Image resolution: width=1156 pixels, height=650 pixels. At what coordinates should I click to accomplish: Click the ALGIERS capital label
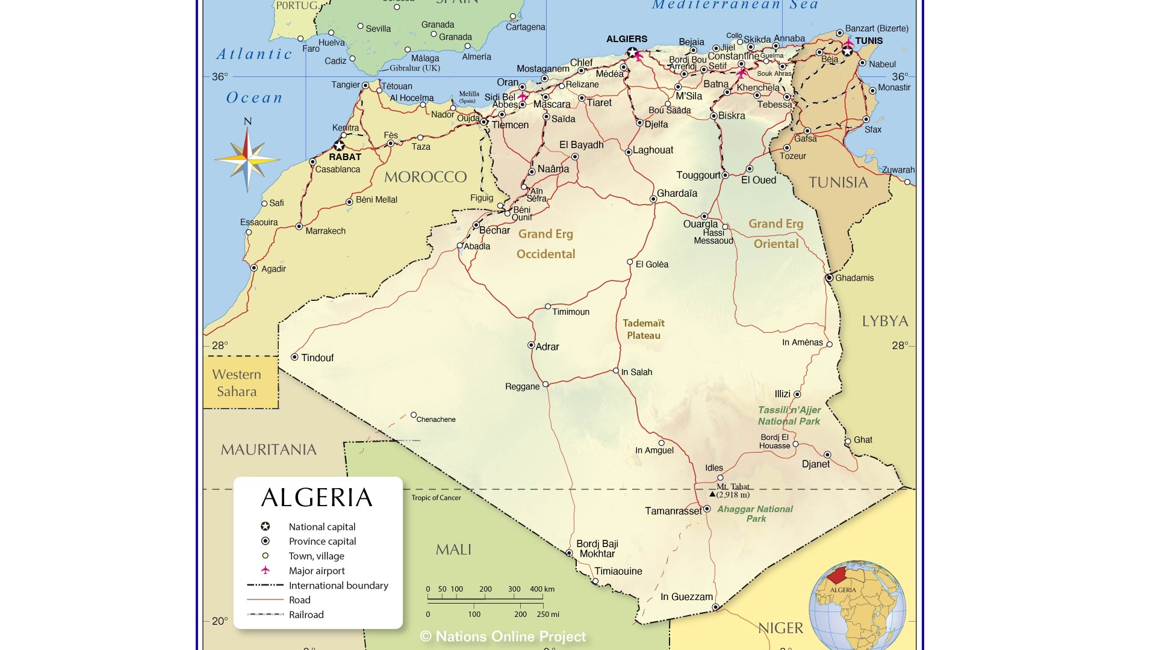627,39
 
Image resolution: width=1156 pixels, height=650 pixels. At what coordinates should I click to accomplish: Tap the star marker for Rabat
339,146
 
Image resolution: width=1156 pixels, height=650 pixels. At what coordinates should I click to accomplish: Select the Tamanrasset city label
673,511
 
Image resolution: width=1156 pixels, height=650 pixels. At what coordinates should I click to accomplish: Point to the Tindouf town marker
294,357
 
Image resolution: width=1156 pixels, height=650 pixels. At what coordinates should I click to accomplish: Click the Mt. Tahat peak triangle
712,494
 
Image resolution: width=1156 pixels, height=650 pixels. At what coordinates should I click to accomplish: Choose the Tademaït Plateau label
644,329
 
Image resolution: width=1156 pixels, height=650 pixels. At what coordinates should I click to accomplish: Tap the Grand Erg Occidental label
545,244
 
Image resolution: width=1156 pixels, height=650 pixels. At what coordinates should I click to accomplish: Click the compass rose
247,159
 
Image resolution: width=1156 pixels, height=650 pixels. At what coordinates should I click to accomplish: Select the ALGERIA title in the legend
317,498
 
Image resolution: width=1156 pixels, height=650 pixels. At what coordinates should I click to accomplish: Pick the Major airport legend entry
317,571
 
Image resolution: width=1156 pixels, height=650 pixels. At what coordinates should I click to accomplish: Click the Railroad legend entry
306,614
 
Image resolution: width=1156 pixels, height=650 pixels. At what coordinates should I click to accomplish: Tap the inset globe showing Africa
857,605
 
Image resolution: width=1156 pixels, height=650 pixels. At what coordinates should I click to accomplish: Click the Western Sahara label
237,383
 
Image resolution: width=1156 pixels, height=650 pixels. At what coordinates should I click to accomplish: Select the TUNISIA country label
838,182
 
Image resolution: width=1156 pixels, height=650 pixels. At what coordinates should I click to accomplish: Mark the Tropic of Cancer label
436,498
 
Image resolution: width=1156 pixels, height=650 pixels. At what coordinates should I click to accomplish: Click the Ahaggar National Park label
755,513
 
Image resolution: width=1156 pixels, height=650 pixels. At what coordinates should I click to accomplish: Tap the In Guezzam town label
686,597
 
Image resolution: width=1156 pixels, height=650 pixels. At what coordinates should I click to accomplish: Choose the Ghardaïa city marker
653,199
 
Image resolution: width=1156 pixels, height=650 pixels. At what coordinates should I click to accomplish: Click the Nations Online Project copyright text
503,637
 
